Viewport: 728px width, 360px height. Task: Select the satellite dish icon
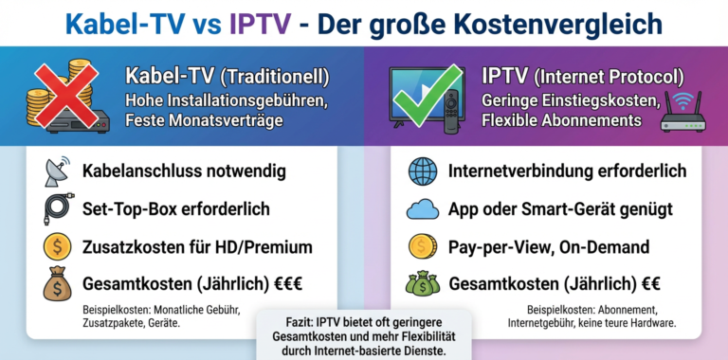coord(57,171)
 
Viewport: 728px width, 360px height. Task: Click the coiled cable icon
coord(57,209)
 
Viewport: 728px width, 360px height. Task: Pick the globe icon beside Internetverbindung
coord(421,171)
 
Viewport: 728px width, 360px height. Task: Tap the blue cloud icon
coord(421,209)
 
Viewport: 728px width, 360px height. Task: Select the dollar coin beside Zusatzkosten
coord(57,247)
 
